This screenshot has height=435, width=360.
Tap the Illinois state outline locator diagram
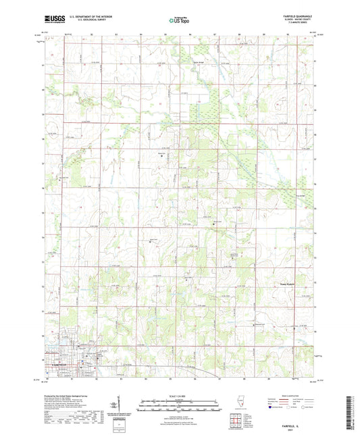coord(237,404)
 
